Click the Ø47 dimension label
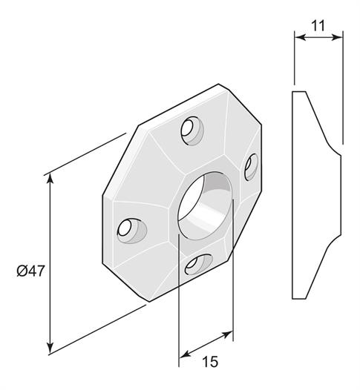(x=30, y=271)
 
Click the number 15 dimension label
(x=210, y=361)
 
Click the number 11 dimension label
(x=318, y=26)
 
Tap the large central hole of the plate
(x=205, y=205)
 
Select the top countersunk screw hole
(x=192, y=130)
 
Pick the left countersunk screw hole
(x=132, y=231)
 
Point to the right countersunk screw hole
(x=251, y=167)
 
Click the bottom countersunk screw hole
(x=199, y=265)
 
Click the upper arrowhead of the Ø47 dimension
(x=50, y=179)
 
